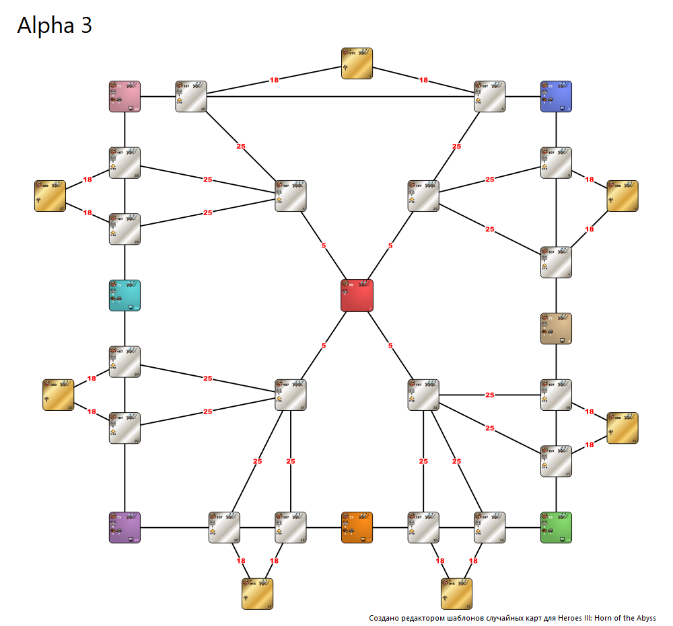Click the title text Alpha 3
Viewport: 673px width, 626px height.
pyautogui.click(x=55, y=25)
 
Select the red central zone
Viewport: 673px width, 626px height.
pyautogui.click(x=357, y=295)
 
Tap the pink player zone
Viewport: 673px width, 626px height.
pyautogui.click(x=125, y=96)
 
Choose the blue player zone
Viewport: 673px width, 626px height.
pyautogui.click(x=556, y=96)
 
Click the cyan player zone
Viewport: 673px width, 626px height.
pyautogui.click(x=125, y=295)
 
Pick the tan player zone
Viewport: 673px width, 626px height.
pyautogui.click(x=556, y=328)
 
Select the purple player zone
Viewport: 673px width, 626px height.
pyautogui.click(x=125, y=527)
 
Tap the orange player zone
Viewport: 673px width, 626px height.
pyautogui.click(x=357, y=527)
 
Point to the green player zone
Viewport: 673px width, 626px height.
pyautogui.click(x=556, y=527)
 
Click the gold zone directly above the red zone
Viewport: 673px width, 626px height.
pyautogui.click(x=357, y=63)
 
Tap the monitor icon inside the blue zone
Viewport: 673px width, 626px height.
pyautogui.click(x=563, y=107)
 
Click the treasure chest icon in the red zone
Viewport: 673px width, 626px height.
pyautogui.click(x=346, y=284)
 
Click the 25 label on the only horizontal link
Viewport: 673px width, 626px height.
pyautogui.click(x=489, y=395)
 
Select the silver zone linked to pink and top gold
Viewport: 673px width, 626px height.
pyautogui.click(x=191, y=96)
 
